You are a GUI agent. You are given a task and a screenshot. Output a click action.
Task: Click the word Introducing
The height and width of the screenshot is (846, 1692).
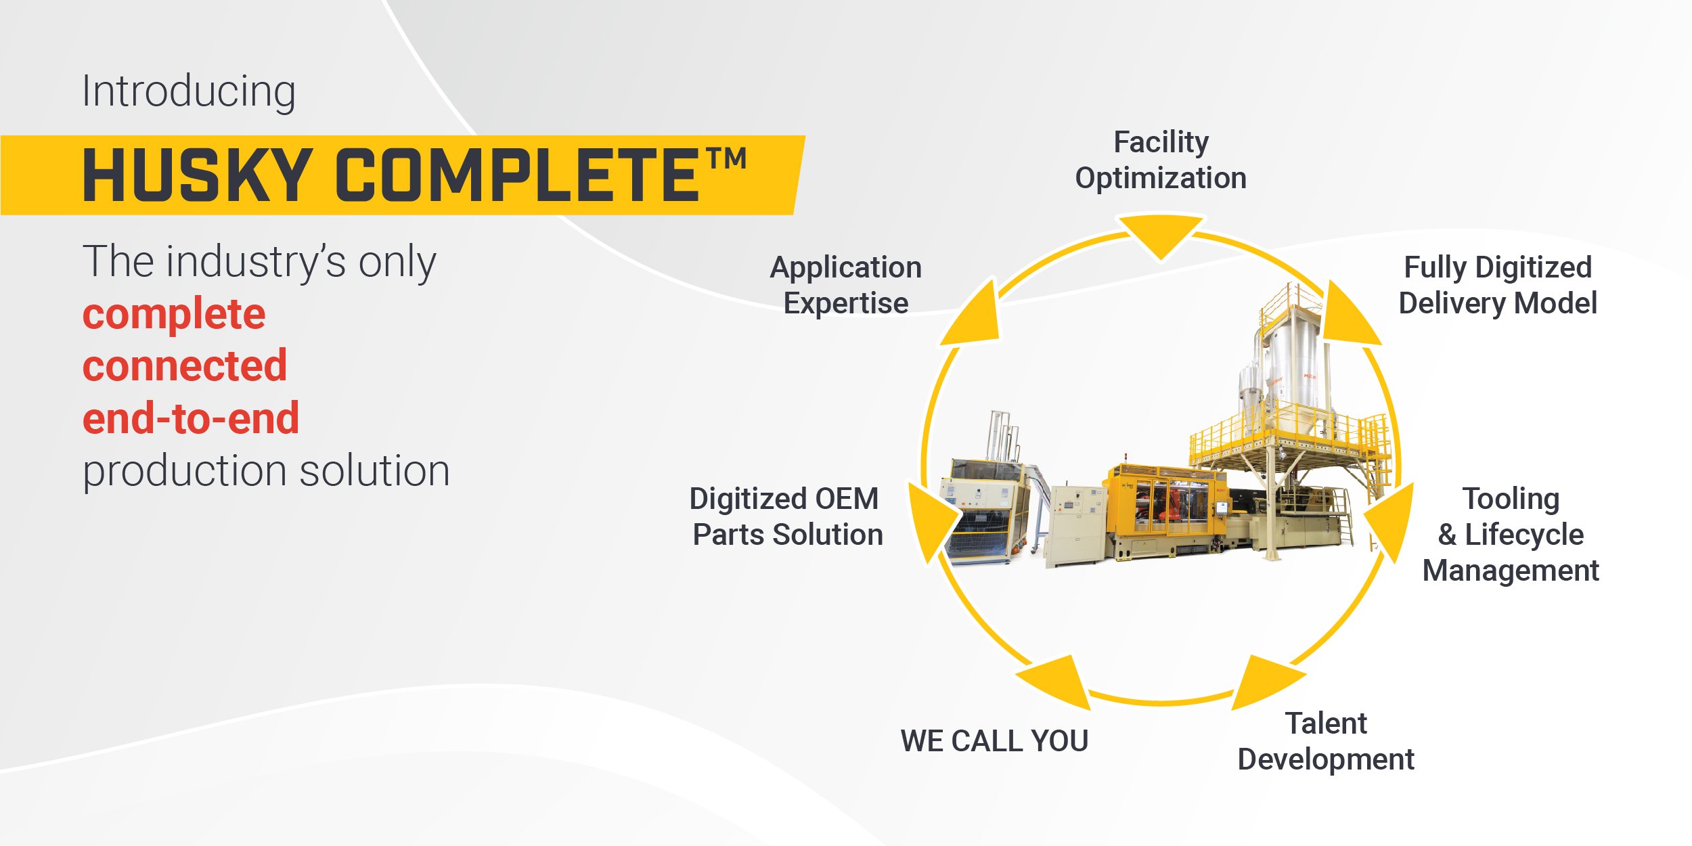pos(189,92)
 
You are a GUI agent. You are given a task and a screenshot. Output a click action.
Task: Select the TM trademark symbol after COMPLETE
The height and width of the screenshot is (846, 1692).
pos(727,159)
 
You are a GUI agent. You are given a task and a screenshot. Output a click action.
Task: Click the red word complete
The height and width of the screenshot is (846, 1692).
pos(174,315)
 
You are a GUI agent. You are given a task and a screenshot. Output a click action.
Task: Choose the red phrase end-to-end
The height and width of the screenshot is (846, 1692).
pos(191,418)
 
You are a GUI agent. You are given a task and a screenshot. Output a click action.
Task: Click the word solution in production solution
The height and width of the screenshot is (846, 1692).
pos(374,470)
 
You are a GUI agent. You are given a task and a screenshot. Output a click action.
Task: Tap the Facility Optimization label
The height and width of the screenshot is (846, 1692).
pos(1161,160)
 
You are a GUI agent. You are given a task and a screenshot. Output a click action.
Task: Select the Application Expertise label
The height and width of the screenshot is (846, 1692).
pos(846,285)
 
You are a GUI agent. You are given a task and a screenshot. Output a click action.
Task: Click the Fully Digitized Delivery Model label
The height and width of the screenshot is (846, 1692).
pos(1498,285)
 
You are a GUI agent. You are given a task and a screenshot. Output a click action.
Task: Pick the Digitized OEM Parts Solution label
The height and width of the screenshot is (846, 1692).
pos(787,516)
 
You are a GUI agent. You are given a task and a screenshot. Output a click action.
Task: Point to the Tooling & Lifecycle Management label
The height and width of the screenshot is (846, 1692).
pos(1511,535)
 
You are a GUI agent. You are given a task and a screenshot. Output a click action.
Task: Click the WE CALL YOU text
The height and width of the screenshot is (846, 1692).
pos(994,740)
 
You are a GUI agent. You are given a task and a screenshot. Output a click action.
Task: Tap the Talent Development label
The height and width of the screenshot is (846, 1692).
pos(1326,741)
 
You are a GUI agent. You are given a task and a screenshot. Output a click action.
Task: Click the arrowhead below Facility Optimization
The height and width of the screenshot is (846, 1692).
pos(1160,236)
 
